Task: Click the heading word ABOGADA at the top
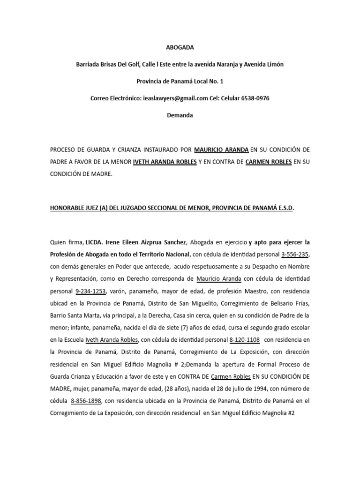click(180, 47)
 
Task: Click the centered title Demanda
click(180, 115)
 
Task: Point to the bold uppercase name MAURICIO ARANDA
click(221, 150)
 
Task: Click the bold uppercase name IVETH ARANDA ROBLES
click(165, 162)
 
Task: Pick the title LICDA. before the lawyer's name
click(93, 242)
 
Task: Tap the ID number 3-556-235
click(295, 254)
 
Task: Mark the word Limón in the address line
click(274, 64)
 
